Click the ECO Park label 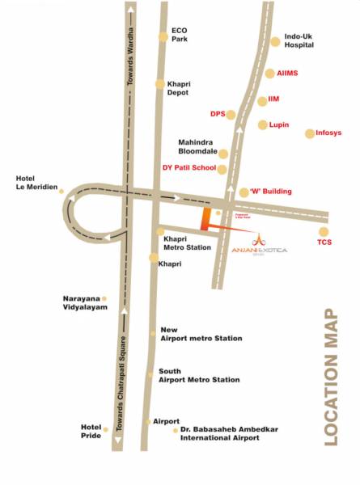179,35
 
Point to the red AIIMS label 287,73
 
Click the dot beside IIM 261,100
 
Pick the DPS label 217,114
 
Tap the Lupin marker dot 262,124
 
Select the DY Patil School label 189,168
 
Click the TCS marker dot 324,232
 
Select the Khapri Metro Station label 188,243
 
